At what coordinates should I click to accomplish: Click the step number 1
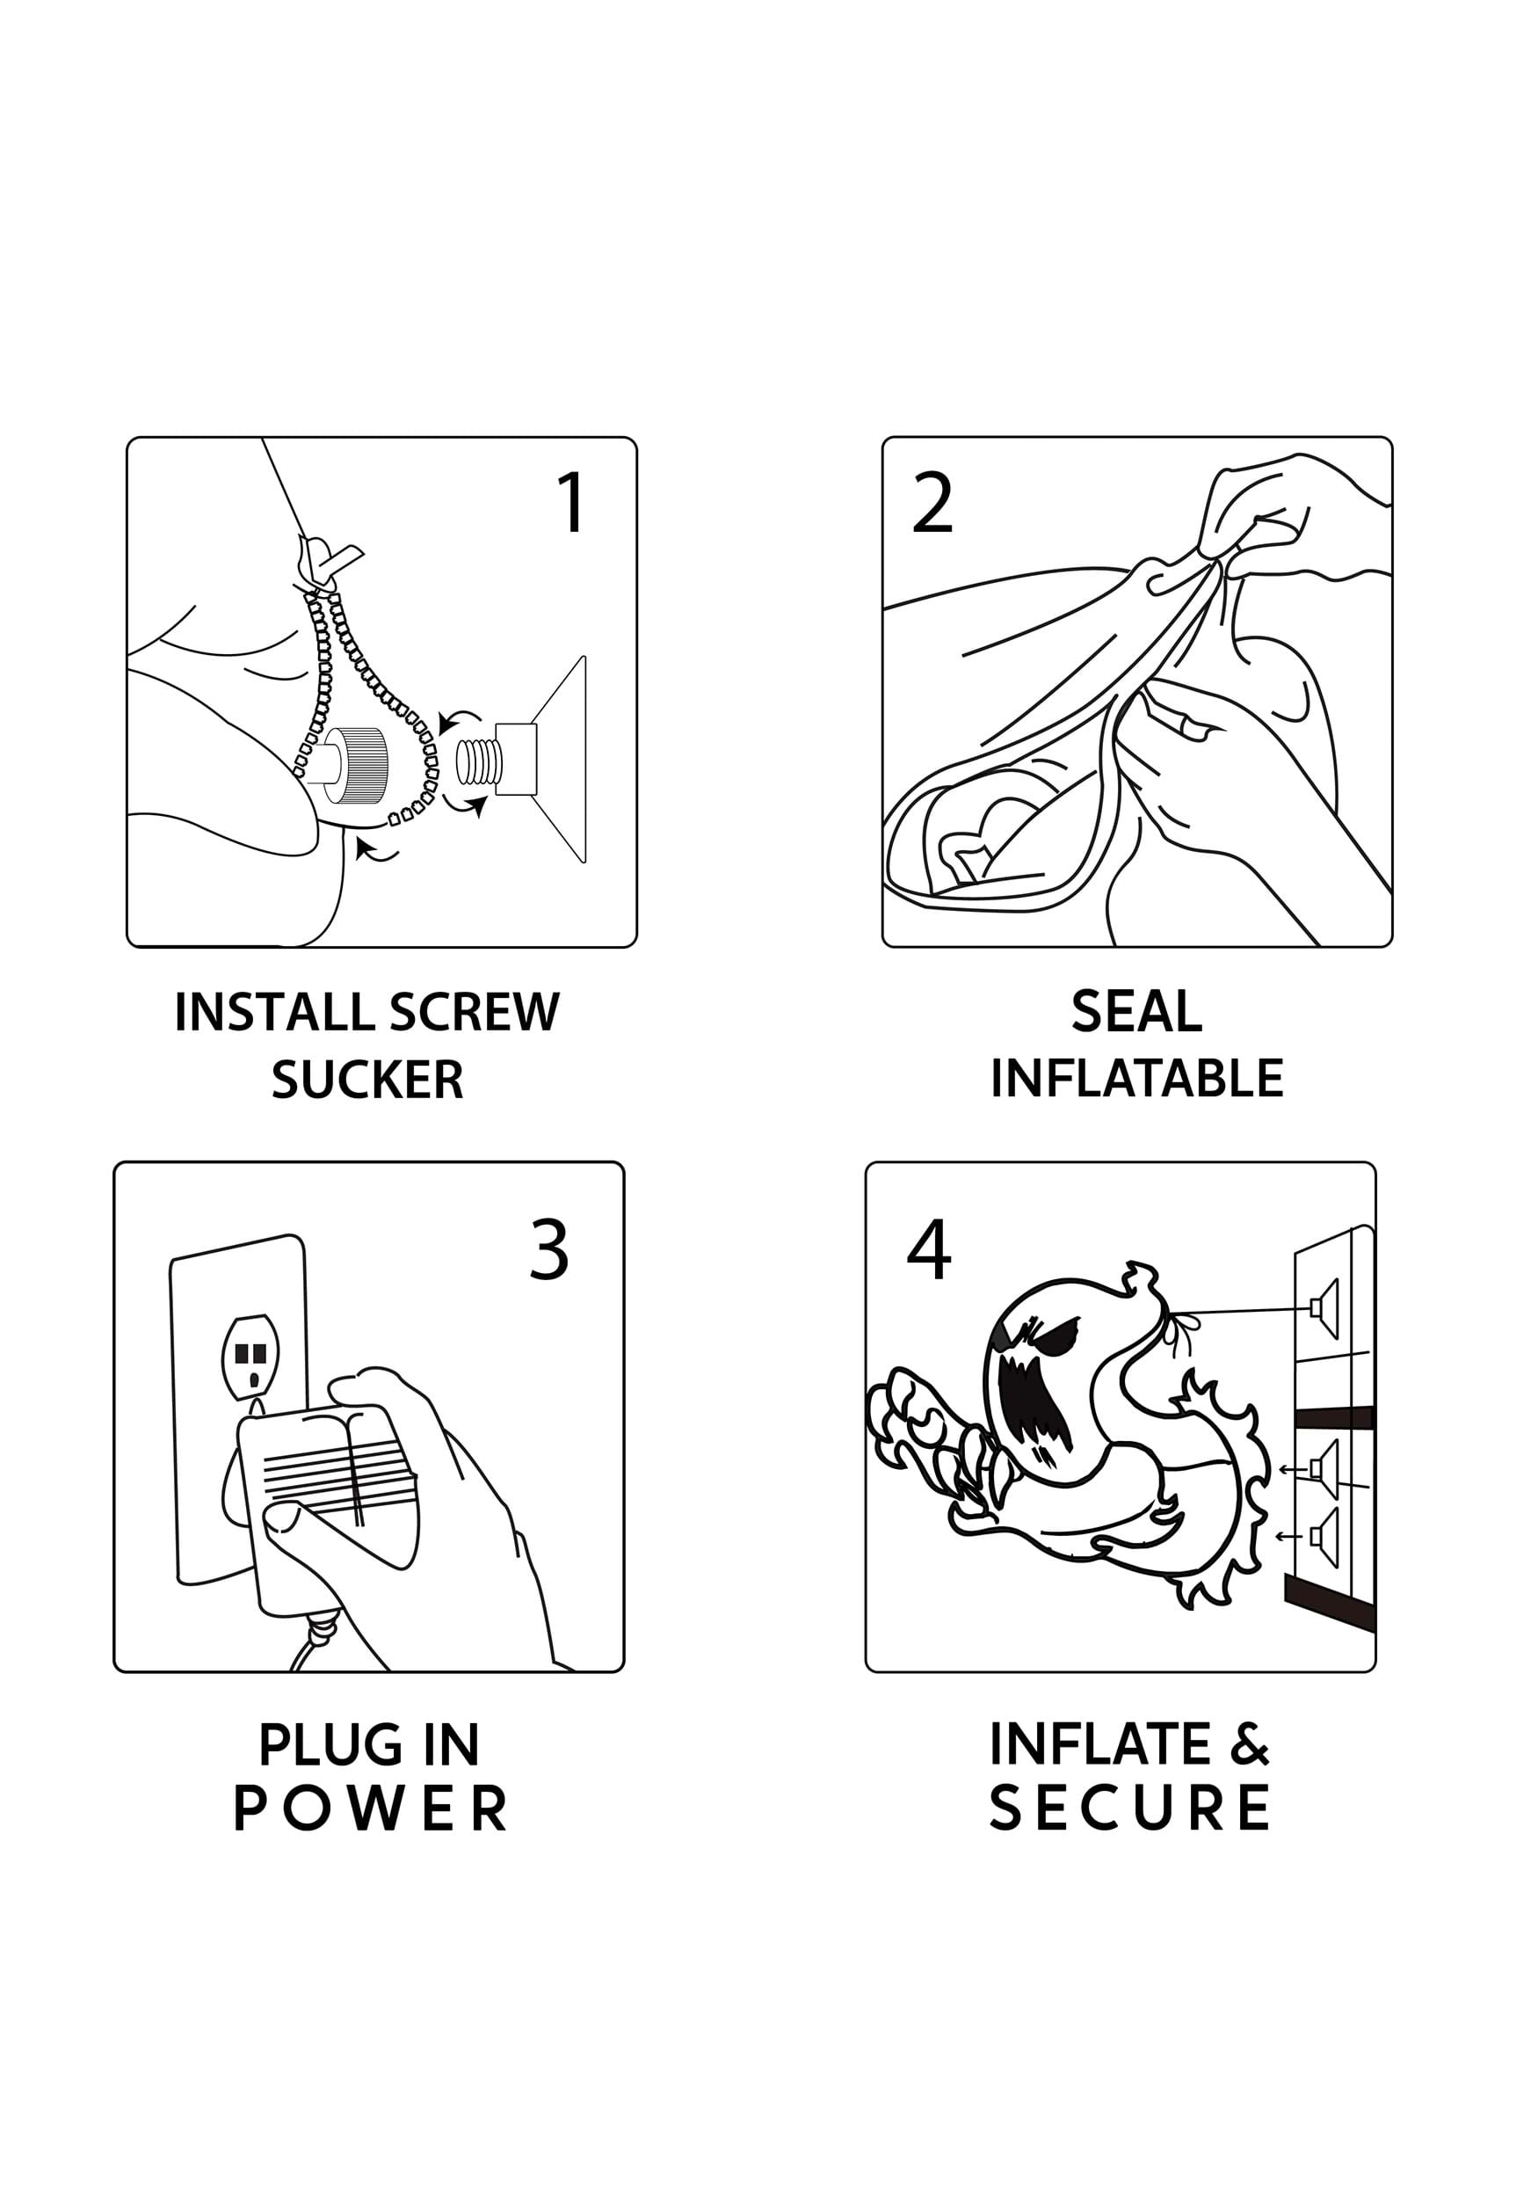(x=571, y=502)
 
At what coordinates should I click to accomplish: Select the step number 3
(x=549, y=1249)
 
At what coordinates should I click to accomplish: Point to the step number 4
(x=928, y=1249)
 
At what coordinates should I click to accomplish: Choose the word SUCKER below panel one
(x=367, y=1080)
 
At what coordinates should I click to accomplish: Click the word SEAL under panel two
(x=1136, y=1012)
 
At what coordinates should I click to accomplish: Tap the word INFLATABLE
(x=1137, y=1079)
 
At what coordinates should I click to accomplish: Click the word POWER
(x=369, y=1809)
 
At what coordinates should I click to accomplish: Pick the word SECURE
(x=1130, y=1809)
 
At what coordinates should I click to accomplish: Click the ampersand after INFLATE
(x=1250, y=1744)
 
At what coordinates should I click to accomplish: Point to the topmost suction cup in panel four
(x=1325, y=1306)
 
